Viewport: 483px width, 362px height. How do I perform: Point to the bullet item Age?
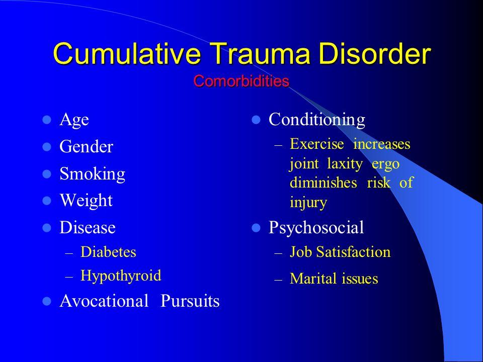click(74, 120)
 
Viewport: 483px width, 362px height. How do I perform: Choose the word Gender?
click(86, 147)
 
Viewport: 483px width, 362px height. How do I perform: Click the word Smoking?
click(92, 174)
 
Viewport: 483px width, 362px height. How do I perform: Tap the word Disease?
click(87, 228)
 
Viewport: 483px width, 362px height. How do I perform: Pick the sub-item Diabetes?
click(108, 252)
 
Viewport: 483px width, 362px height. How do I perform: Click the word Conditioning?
click(317, 120)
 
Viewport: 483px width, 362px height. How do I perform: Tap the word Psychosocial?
click(316, 228)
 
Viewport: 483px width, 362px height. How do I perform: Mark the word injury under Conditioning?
click(308, 203)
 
